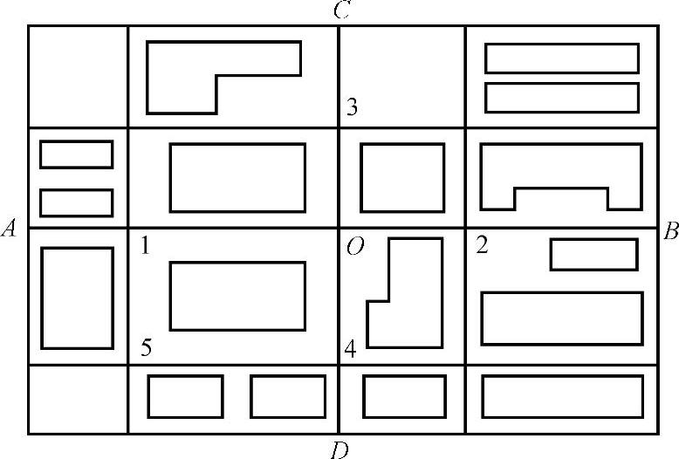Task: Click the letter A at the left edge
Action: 10,229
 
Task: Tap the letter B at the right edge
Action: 670,231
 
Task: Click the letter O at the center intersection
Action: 354,248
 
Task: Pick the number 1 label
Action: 145,246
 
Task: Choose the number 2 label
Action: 481,245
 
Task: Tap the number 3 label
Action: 352,109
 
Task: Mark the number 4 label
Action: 350,350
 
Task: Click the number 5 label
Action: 147,349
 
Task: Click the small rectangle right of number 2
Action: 593,254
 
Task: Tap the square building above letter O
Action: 402,177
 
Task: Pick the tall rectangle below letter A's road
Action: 77,298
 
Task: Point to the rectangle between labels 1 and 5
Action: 237,295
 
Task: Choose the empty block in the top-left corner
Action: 78,76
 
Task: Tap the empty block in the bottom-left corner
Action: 78,399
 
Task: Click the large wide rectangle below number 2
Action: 562,319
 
